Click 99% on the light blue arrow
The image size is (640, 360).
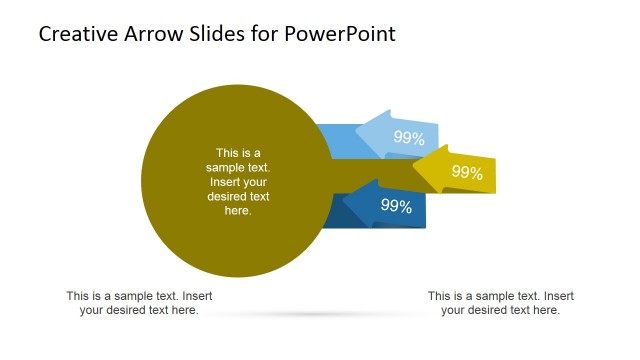click(x=409, y=138)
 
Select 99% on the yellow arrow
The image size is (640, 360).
click(x=467, y=172)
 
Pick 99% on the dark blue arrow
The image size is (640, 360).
click(x=397, y=206)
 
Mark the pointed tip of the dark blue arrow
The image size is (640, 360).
click(x=343, y=203)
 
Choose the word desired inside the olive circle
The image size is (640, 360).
click(x=227, y=197)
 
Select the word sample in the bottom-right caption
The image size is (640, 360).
click(x=495, y=296)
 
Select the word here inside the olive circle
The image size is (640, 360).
click(x=238, y=211)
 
